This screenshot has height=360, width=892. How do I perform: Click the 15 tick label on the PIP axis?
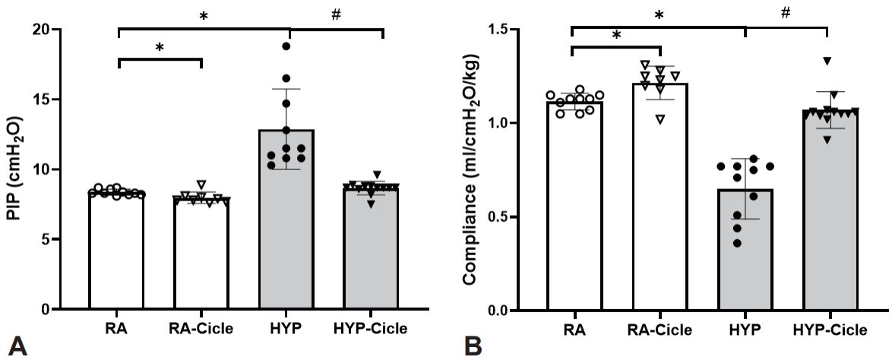tap(41, 99)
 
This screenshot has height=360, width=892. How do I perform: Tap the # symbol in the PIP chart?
tap(335, 15)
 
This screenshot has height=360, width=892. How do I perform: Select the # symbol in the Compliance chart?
tap(786, 14)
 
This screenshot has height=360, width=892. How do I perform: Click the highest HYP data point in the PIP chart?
tap(287, 46)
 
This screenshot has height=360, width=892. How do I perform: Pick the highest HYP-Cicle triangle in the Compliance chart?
tap(827, 61)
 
